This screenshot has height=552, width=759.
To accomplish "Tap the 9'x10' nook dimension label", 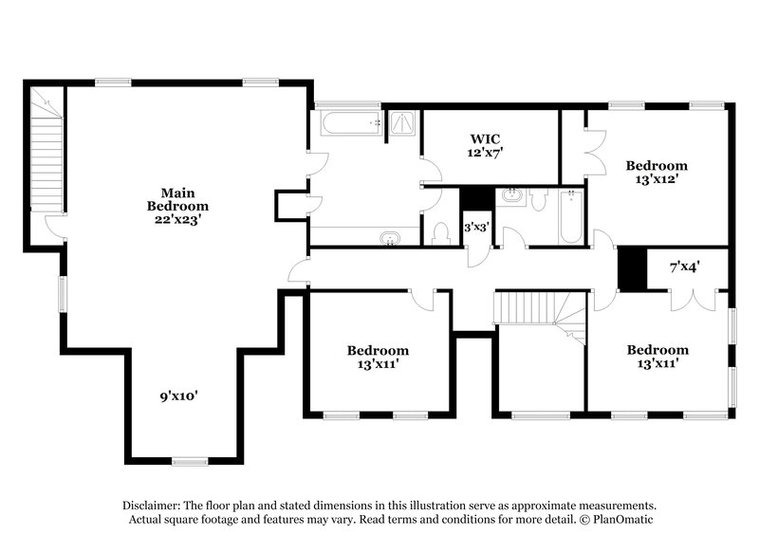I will pyautogui.click(x=177, y=396).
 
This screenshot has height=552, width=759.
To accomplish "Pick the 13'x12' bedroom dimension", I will pyautogui.click(x=656, y=177).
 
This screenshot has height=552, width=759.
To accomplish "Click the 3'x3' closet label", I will pyautogui.click(x=475, y=228).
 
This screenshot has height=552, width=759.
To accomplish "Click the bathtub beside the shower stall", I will pyautogui.click(x=348, y=124).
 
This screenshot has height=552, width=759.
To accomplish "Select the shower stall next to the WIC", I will pyautogui.click(x=404, y=123).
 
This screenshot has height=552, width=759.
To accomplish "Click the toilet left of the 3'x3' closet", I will pyautogui.click(x=440, y=232).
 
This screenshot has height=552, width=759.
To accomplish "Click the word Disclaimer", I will pyautogui.click(x=152, y=506).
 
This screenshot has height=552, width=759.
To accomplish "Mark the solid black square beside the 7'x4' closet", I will pyautogui.click(x=630, y=267).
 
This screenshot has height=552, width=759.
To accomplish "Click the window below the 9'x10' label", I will pyautogui.click(x=189, y=461).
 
